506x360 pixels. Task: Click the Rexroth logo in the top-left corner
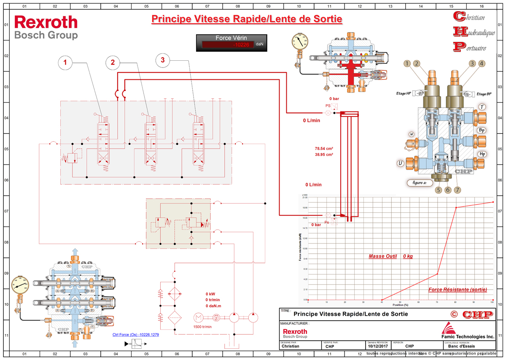(x=46, y=22)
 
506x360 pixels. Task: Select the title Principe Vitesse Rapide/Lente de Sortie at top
(x=246, y=19)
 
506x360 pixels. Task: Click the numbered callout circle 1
(x=65, y=62)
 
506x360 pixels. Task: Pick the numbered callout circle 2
(x=113, y=62)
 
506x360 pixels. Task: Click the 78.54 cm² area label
(x=324, y=149)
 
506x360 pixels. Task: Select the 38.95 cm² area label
(x=324, y=155)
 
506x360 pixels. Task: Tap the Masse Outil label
(x=383, y=256)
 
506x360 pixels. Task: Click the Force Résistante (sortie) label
(x=458, y=290)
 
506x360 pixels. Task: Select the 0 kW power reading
(x=210, y=294)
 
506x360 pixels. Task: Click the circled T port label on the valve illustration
(x=482, y=107)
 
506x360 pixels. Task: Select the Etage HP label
(x=404, y=93)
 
